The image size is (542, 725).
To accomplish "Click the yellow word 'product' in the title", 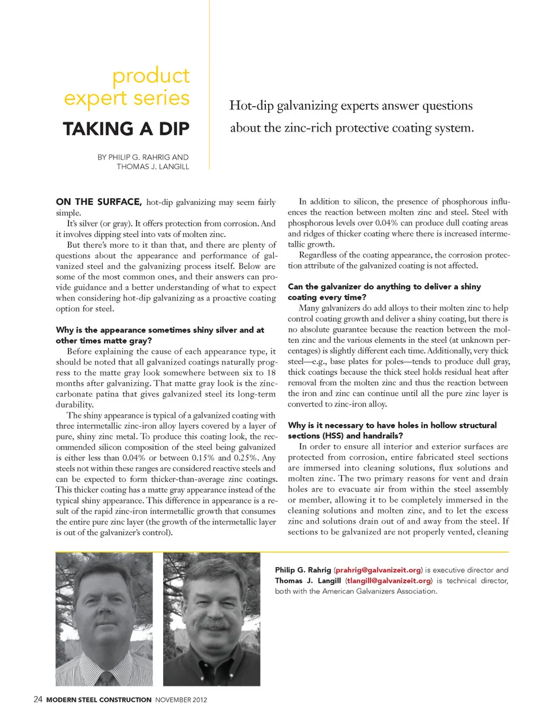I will pos(151,76).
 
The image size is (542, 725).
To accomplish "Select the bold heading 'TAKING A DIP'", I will pos(126,129).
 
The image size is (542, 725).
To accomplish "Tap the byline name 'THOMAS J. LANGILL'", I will pos(152,167).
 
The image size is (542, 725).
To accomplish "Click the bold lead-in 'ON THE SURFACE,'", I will pos(99,202).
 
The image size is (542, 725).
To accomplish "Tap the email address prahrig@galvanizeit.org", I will pos(378,570).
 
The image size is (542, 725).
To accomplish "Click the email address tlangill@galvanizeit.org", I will pos(389,580).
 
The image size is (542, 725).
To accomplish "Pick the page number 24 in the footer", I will pos(38,699).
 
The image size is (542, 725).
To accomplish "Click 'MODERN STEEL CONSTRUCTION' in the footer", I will pos(99,700).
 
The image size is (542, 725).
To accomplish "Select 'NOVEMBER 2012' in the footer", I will pos(181,700).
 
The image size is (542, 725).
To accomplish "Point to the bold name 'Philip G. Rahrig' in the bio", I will pos(303,570).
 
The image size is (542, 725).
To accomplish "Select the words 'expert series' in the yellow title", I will pos(126,98).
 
